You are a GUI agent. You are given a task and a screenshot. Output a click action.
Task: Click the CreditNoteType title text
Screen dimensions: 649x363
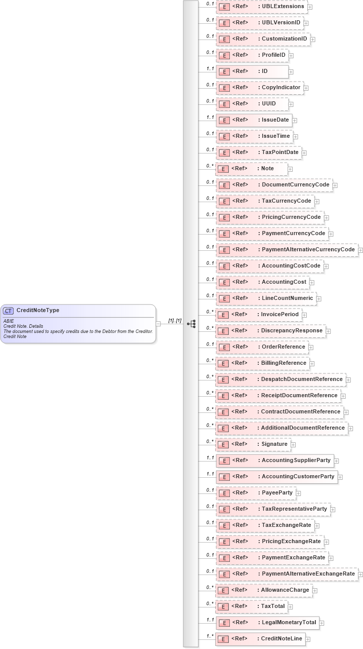coord(37,311)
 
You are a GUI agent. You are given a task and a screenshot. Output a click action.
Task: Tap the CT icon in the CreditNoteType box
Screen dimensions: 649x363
coord(9,311)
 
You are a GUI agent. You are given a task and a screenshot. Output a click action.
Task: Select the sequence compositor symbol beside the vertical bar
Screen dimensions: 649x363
coord(191,324)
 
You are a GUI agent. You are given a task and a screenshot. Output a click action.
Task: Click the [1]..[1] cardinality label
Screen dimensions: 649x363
coord(175,320)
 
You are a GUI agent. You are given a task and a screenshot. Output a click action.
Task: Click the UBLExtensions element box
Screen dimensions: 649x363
coord(262,7)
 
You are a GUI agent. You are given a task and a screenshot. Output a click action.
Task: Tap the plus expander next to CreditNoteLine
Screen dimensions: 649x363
coord(308,639)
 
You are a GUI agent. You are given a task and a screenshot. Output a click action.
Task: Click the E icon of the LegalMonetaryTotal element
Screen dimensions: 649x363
coord(223,623)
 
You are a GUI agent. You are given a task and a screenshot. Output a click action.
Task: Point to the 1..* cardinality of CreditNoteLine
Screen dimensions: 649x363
coord(210,636)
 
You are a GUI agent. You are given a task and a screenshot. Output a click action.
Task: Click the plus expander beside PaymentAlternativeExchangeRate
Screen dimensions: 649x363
coord(360,575)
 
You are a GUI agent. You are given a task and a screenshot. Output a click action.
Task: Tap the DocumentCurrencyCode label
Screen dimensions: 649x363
coord(295,185)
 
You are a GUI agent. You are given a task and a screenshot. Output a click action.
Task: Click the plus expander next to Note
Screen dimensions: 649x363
coord(290,169)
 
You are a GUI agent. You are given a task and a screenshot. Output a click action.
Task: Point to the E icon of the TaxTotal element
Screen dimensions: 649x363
coord(223,606)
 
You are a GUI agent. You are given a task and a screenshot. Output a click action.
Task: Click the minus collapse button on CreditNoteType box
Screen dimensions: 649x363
coord(158,324)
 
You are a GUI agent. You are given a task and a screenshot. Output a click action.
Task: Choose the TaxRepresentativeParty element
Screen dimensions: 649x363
coord(273,509)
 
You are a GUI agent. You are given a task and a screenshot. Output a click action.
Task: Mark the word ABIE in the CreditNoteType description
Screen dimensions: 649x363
coord(9,321)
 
